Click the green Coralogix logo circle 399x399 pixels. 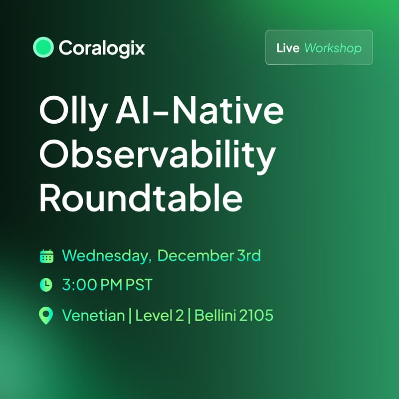coord(43,47)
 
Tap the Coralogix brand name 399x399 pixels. coord(102,48)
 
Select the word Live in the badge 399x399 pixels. coord(288,48)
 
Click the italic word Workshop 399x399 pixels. coord(333,48)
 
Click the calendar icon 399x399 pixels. coord(46,256)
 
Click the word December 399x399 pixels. coord(196,256)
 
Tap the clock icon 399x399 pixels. coord(46,285)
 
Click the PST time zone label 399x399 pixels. coord(138,285)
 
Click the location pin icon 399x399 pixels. coord(46,316)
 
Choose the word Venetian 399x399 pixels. coord(93,315)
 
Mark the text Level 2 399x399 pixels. coord(160,315)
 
